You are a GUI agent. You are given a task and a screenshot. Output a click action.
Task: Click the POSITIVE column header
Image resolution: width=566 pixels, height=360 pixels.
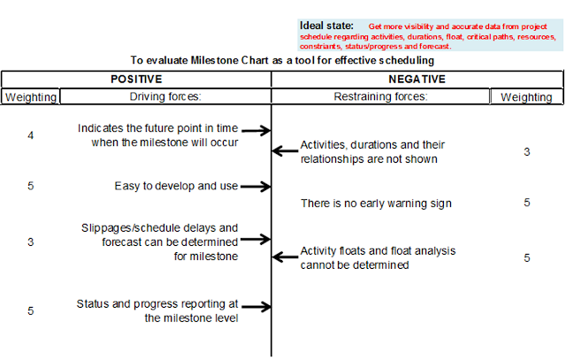click(x=136, y=79)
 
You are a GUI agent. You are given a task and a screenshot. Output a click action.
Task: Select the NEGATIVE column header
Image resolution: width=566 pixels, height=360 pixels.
click(x=417, y=79)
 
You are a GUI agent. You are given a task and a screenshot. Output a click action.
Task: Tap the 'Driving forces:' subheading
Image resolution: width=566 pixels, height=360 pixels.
click(x=165, y=96)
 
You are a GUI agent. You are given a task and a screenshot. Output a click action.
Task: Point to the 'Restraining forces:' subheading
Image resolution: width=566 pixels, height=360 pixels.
click(x=380, y=96)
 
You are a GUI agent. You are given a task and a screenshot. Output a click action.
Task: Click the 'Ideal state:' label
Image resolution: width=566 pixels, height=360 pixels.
click(x=326, y=26)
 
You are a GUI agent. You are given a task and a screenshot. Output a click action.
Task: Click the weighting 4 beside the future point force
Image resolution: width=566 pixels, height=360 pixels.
click(x=31, y=135)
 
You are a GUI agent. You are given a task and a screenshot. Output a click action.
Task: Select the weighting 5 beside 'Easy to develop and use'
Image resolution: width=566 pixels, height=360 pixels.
click(x=31, y=186)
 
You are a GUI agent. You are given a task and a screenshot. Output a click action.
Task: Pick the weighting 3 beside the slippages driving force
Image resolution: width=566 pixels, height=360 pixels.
click(x=31, y=242)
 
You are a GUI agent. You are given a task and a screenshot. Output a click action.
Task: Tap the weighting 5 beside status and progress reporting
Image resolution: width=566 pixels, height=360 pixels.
click(x=31, y=310)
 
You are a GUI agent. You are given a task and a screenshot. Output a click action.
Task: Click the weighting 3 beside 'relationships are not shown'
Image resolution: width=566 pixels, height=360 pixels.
click(x=527, y=151)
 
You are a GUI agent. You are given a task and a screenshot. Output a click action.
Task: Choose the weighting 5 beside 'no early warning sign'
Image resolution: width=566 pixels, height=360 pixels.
click(x=527, y=203)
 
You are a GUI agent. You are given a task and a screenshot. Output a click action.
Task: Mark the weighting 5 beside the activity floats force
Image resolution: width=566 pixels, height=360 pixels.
click(x=527, y=257)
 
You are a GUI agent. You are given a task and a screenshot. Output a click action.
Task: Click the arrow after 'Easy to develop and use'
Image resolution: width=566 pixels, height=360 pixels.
click(x=256, y=187)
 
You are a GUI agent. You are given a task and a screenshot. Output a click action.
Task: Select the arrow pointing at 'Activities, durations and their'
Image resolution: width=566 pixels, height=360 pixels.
click(x=285, y=150)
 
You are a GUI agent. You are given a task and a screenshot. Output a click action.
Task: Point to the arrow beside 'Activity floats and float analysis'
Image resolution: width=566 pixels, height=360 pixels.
click(x=285, y=257)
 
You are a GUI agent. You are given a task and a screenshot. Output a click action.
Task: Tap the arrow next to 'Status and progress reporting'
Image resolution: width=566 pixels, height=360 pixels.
click(x=256, y=307)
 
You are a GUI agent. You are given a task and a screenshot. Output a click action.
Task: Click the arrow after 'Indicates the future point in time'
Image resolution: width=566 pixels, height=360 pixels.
click(x=256, y=130)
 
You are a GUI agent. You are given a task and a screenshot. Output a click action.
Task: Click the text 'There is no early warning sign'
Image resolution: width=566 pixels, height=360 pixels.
click(x=376, y=203)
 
